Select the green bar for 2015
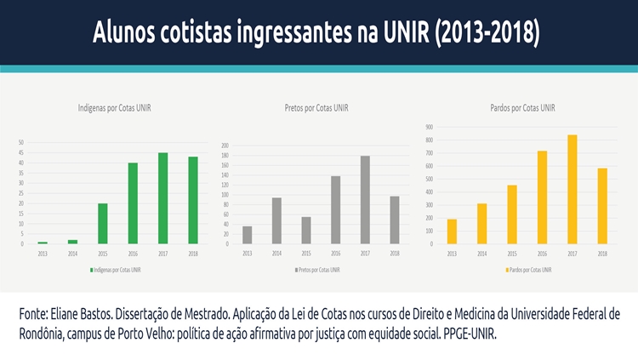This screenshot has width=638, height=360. point(102,224)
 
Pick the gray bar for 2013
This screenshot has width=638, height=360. point(248,235)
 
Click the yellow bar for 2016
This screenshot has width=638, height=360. point(542,197)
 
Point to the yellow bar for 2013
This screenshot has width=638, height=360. point(451,231)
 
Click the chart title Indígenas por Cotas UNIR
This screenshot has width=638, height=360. point(115,108)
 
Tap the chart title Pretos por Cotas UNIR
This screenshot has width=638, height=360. point(316,108)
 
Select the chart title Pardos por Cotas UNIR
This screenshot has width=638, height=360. point(522,108)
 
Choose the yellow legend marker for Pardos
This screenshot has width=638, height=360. point(504,270)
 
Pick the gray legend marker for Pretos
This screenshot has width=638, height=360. point(296,270)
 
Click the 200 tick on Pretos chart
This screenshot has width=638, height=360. point(225,146)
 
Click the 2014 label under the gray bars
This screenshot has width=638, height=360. point(276,253)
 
